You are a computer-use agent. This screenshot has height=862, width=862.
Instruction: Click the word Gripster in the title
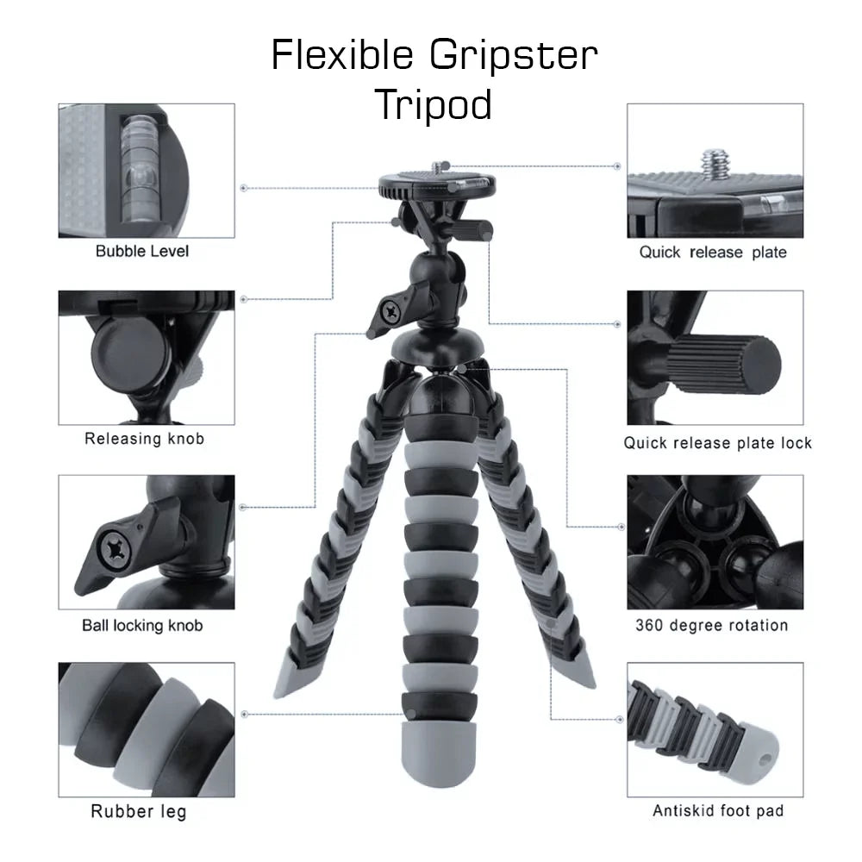tap(514, 56)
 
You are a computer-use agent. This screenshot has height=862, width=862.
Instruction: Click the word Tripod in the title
tap(434, 103)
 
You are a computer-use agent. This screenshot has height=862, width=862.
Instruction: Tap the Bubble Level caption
tap(142, 251)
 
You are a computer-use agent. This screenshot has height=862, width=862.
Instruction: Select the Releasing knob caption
tap(144, 438)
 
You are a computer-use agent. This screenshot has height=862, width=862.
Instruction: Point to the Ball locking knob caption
tap(142, 626)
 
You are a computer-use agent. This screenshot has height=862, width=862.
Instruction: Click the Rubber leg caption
tap(139, 811)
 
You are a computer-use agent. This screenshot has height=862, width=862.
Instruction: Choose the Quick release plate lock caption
tap(717, 442)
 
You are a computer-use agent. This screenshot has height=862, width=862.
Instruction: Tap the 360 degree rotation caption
tap(712, 625)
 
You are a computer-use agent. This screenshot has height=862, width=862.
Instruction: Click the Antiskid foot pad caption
tap(718, 810)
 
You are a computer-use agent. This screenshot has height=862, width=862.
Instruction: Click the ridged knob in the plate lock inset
tap(725, 365)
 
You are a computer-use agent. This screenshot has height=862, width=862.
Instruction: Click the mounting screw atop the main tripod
tap(438, 166)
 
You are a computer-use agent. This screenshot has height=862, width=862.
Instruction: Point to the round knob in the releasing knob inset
tap(131, 352)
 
